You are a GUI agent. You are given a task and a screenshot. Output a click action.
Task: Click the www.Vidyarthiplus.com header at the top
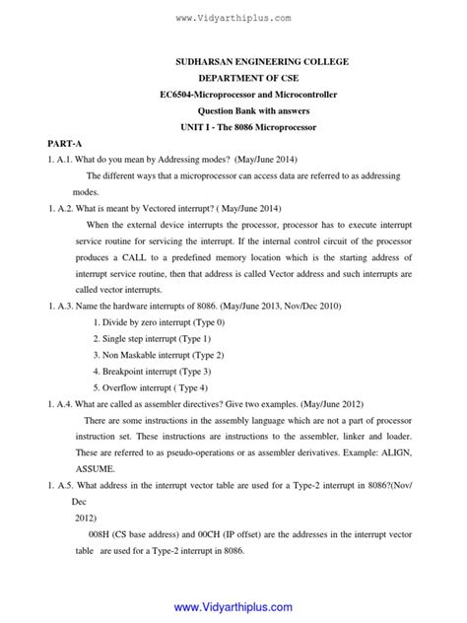coord(233,18)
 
